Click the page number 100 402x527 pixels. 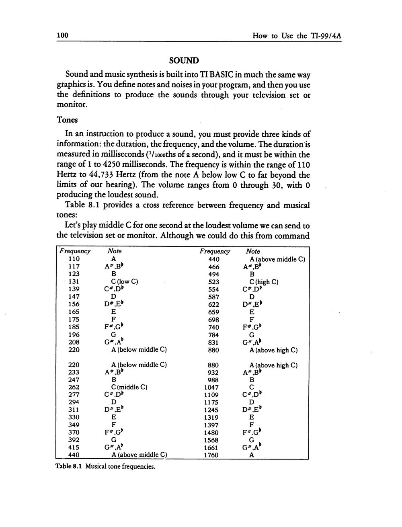pyautogui.click(x=62, y=36)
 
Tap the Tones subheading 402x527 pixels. pyautogui.click(x=67, y=120)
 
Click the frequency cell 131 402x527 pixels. pyautogui.click(x=74, y=281)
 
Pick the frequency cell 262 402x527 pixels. pyautogui.click(x=74, y=387)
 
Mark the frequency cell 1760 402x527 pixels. pyautogui.click(x=211, y=455)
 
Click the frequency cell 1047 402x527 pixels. pyautogui.click(x=211, y=387)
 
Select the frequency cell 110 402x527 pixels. pyautogui.click(x=74, y=259)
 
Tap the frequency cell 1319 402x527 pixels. pyautogui.click(x=211, y=417)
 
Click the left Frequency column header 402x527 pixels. pyautogui.click(x=75, y=251)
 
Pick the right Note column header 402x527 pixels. pyautogui.click(x=253, y=251)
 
